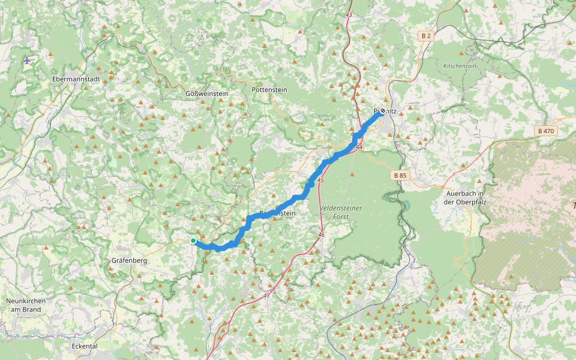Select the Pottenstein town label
(x=269, y=89)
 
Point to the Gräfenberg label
(x=129, y=261)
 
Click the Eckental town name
(x=85, y=346)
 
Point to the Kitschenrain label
(x=460, y=66)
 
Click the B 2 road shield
(x=426, y=36)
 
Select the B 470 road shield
(x=546, y=131)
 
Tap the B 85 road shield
(x=400, y=176)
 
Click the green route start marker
(x=193, y=241)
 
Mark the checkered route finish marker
(x=382, y=111)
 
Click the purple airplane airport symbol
(x=27, y=60)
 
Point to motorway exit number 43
(x=349, y=14)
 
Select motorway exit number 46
(x=321, y=235)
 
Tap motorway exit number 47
(x=266, y=296)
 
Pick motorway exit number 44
(x=359, y=147)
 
